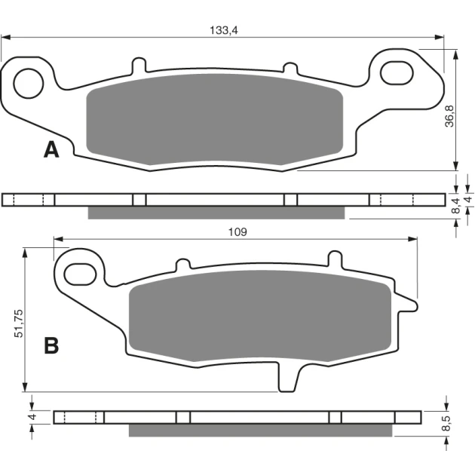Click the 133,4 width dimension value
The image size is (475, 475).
[x=224, y=30]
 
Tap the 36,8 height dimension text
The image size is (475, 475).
[x=449, y=116]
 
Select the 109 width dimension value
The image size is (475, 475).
[x=237, y=232]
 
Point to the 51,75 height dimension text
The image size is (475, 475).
[x=18, y=323]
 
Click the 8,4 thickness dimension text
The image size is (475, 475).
[x=455, y=205]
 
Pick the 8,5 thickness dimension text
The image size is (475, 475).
[x=446, y=423]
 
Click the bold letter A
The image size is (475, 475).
[x=51, y=150]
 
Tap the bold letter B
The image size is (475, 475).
[x=51, y=346]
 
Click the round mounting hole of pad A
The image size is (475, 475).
[x=29, y=83]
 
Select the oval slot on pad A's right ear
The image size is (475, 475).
[x=397, y=73]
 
